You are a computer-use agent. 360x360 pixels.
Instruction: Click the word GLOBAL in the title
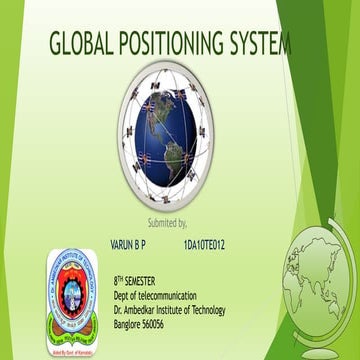[x=83, y=44]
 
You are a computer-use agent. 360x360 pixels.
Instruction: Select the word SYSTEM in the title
[x=264, y=44]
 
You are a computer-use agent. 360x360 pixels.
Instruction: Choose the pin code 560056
[x=163, y=324]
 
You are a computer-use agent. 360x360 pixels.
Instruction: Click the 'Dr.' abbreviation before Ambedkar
[x=118, y=310]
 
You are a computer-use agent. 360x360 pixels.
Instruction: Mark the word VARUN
[x=120, y=243]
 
